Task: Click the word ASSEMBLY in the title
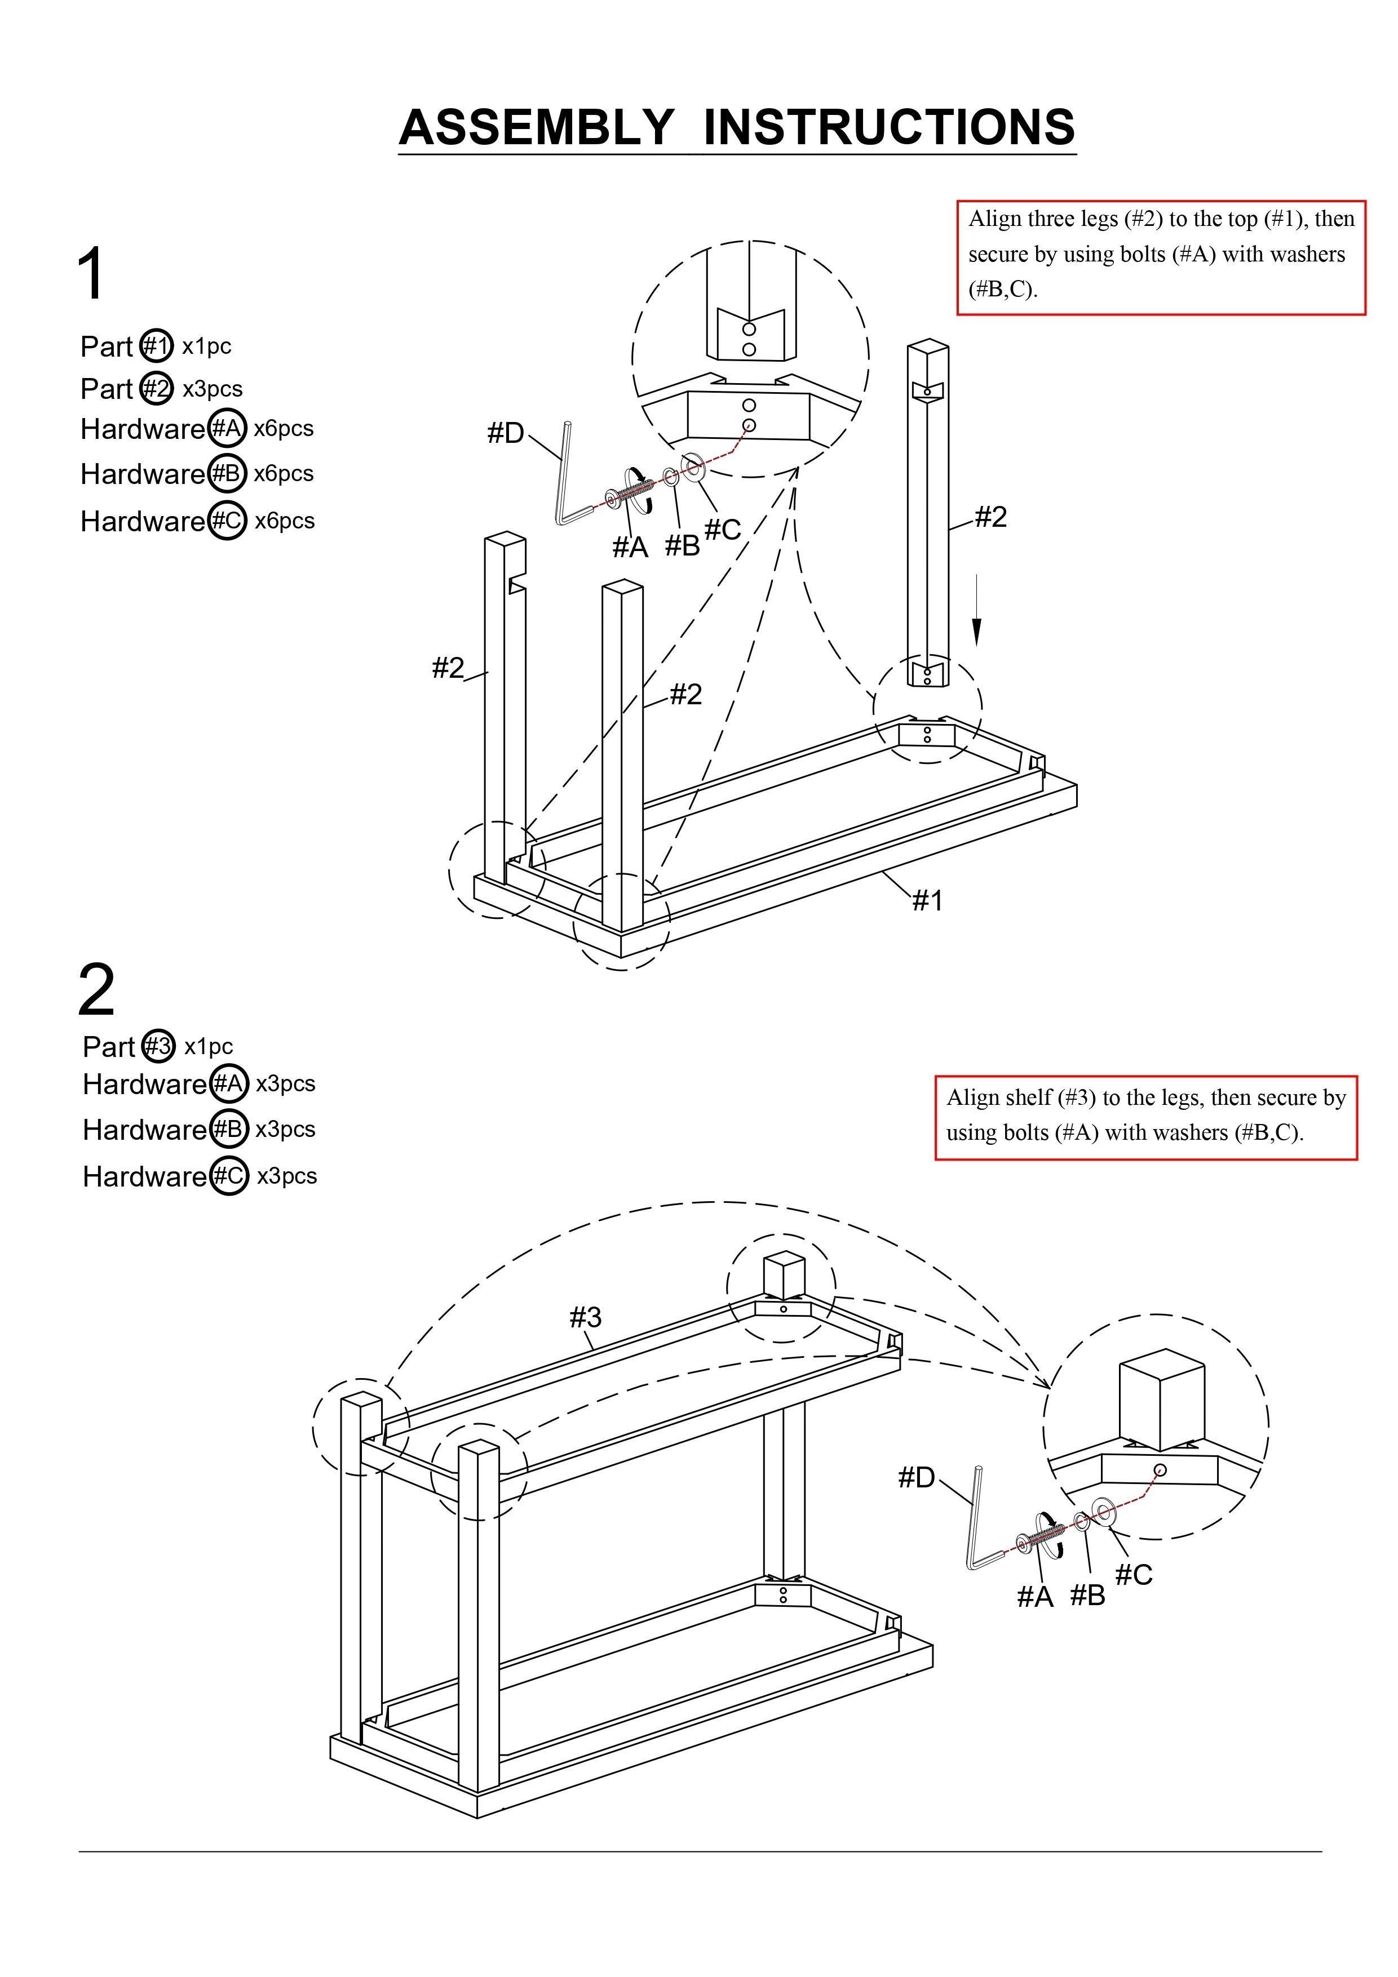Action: click(536, 127)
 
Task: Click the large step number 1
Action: click(91, 274)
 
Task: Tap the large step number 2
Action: click(96, 990)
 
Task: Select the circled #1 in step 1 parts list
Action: click(156, 345)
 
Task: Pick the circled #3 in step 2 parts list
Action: click(158, 1046)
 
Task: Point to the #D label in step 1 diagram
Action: click(506, 433)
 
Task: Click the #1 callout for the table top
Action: click(928, 901)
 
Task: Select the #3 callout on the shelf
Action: click(585, 1317)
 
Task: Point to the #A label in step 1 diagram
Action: click(630, 547)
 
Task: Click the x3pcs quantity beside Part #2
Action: click(212, 389)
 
